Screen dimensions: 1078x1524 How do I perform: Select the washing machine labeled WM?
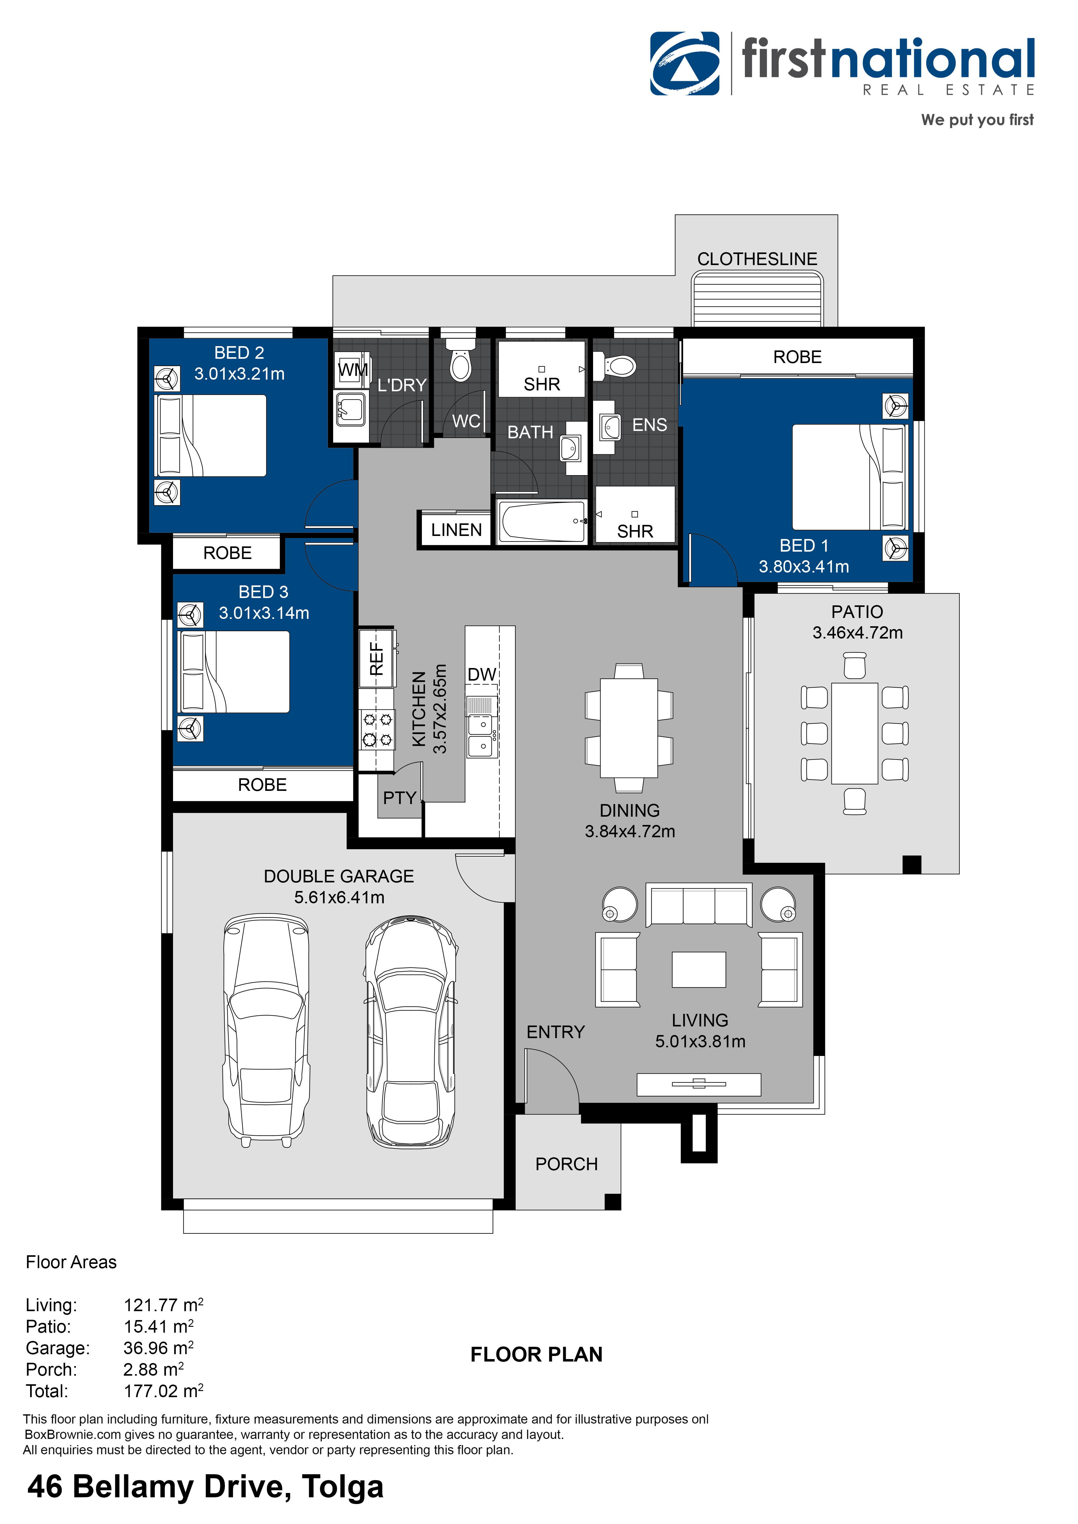click(351, 370)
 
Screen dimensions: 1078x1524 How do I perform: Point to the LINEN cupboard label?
click(456, 530)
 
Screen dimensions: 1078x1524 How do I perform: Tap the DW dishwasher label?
click(482, 674)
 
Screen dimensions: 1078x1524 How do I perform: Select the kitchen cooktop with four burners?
click(377, 729)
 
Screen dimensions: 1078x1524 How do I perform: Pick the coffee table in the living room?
click(699, 970)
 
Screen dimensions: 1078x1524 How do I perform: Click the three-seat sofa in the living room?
click(699, 905)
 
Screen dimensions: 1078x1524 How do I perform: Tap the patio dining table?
click(855, 733)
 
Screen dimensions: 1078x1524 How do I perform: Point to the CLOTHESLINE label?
click(757, 259)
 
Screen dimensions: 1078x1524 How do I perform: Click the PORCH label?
click(567, 1164)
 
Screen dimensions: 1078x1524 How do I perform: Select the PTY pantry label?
click(399, 798)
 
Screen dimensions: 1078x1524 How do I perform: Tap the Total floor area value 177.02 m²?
click(163, 1391)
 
